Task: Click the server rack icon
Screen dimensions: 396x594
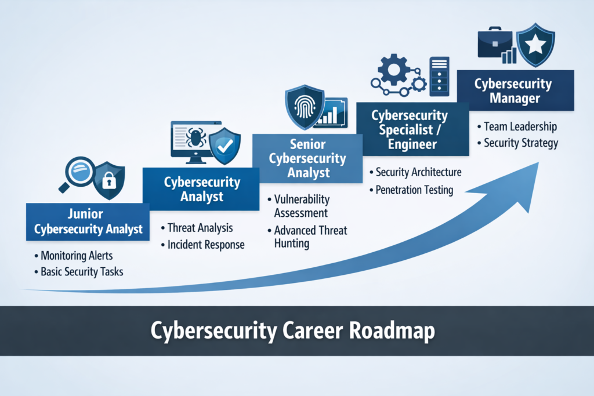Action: [439, 75]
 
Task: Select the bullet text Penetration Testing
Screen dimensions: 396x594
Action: [414, 190]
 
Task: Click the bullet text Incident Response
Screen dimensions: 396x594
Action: [206, 245]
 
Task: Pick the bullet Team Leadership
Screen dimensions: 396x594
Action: [520, 126]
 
